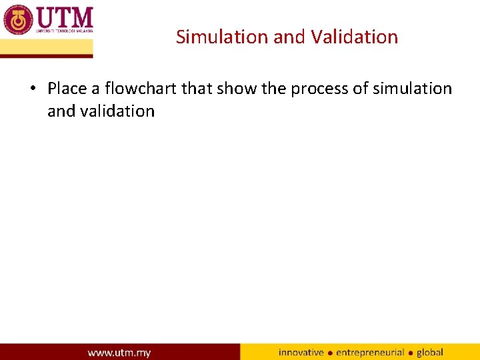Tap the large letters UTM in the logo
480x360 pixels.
point(64,16)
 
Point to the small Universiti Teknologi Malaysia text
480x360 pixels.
point(64,31)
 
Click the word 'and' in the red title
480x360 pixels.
point(289,37)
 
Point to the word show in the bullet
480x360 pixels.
point(237,89)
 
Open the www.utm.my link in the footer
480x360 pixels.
point(119,353)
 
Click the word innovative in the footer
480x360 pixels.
point(301,353)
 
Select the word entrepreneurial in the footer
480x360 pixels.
point(370,353)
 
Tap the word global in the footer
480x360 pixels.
point(430,353)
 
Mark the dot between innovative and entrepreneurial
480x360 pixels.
point(330,353)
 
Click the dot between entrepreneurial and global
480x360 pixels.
point(411,353)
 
